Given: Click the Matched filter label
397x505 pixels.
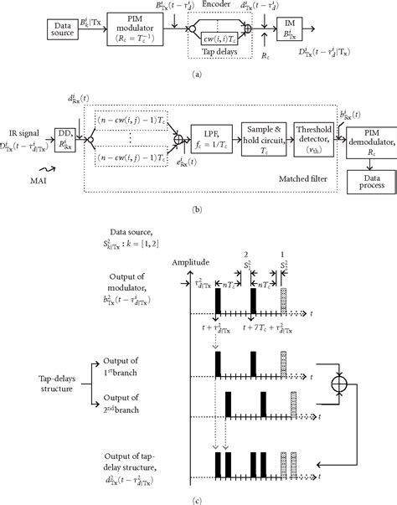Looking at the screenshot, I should point(304,179).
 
